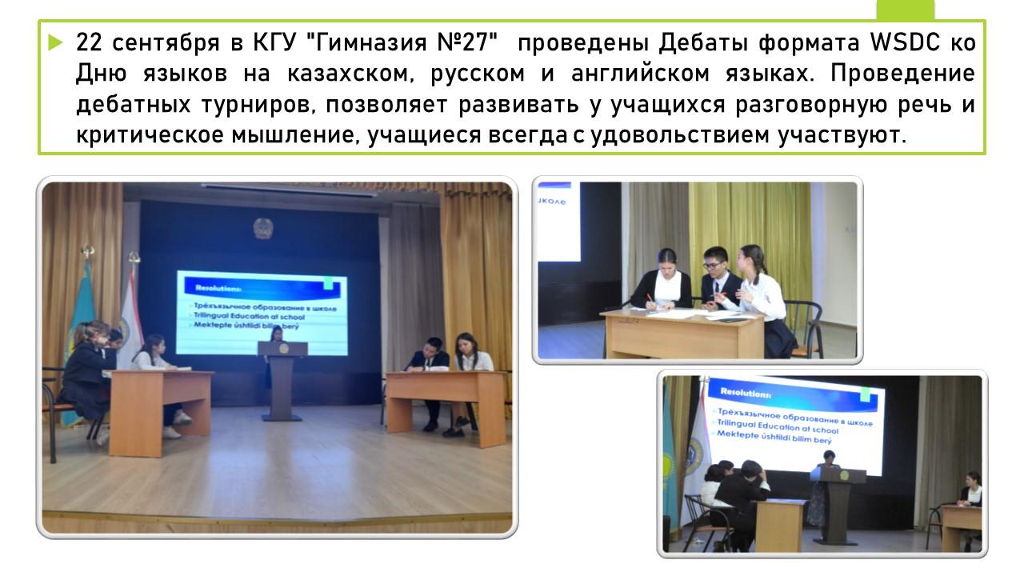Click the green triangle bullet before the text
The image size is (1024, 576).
coord(55,43)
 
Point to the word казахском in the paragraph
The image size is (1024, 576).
coord(350,74)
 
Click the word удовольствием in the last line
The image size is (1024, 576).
coord(680,135)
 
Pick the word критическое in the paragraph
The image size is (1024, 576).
coord(150,135)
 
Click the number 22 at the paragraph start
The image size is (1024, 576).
coord(89,42)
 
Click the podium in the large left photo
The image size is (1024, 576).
coord(282,379)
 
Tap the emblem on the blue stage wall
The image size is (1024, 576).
coord(263,228)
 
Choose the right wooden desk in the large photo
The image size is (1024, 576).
coord(446,407)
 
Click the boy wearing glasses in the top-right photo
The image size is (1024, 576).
coord(716,280)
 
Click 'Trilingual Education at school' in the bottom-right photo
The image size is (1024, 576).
coord(777,426)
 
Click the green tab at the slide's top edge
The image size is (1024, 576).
coord(905,10)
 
